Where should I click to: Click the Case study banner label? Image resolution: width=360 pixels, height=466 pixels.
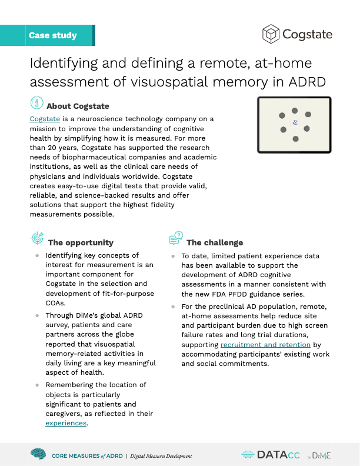pos(52,35)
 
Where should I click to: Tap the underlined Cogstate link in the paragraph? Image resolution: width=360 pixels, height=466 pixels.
pos(44,119)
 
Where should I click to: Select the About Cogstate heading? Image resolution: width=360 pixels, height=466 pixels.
pos(78,106)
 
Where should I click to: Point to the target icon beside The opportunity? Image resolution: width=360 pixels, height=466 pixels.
pos(37,238)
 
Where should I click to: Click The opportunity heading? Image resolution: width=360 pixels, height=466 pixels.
pos(81,242)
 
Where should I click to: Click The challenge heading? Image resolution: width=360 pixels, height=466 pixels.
pos(215,242)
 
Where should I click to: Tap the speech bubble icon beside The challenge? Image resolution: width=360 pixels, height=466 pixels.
pos(175,238)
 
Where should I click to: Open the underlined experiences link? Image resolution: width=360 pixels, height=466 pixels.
pos(66,423)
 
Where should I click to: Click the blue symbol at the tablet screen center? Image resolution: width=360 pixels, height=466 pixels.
pos(295,124)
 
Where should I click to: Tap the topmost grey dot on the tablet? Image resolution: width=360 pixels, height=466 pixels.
pos(295,110)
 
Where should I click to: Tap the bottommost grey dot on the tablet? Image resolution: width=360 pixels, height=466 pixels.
pos(295,139)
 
